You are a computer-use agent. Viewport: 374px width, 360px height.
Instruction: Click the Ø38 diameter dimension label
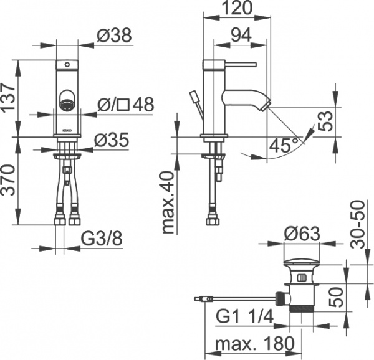(115, 37)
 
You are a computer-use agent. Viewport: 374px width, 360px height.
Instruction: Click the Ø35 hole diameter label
(112, 140)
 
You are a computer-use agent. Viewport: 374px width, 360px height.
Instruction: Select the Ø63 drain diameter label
(302, 234)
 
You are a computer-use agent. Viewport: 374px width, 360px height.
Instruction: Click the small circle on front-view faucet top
(66, 64)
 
